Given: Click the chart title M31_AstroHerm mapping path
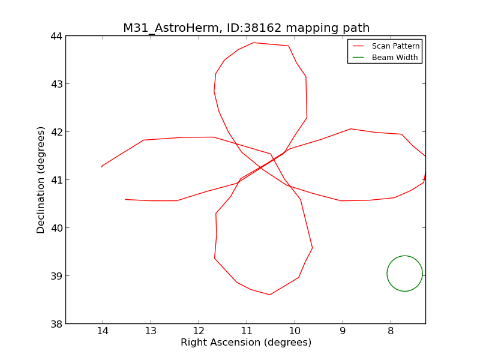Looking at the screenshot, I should pyautogui.click(x=246, y=28).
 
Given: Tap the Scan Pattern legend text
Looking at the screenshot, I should pyautogui.click(x=395, y=46).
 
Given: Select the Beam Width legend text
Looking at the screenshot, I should pyautogui.click(x=395, y=58).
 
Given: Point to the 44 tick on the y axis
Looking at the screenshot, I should pyautogui.click(x=55, y=36).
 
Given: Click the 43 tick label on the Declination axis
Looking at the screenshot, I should pyautogui.click(x=55, y=84).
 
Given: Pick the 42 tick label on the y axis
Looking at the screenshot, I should pyautogui.click(x=55, y=132).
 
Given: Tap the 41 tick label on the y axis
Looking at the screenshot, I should pyautogui.click(x=55, y=180).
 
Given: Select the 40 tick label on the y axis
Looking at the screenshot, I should pyautogui.click(x=55, y=228).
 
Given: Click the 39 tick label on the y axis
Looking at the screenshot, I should pyautogui.click(x=55, y=276).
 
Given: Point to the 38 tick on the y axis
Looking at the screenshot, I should pyautogui.click(x=55, y=324).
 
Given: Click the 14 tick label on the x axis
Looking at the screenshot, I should pyautogui.click(x=103, y=332).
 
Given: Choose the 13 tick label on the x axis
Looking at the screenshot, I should pyautogui.click(x=151, y=332).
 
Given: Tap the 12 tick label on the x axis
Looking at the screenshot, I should pyautogui.click(x=199, y=332).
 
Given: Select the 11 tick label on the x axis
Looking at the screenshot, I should pyautogui.click(x=247, y=332).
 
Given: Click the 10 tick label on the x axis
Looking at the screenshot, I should pyautogui.click(x=295, y=332).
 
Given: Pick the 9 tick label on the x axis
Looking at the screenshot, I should pyautogui.click(x=343, y=332).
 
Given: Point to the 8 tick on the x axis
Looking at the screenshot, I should pyautogui.click(x=391, y=332).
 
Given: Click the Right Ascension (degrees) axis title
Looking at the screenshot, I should pyautogui.click(x=246, y=343).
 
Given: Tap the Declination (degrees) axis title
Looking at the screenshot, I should pyautogui.click(x=41, y=180).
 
